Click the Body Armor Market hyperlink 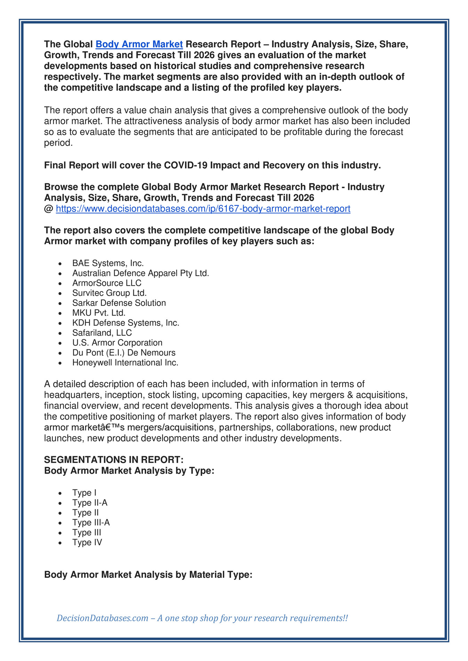tap(139, 44)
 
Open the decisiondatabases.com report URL tap(203, 209)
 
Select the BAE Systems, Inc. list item tap(108, 263)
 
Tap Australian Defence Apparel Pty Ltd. tap(140, 273)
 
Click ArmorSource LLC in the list tap(107, 283)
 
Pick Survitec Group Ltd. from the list tap(110, 293)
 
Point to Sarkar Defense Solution tap(119, 303)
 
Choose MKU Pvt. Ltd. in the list tap(99, 313)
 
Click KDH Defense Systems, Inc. tap(126, 323)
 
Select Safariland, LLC tap(102, 333)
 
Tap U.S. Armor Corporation tap(117, 343)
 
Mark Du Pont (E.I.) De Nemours tap(124, 353)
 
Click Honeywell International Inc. tap(125, 363)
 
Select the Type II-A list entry tap(90, 503)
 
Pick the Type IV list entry tap(87, 542)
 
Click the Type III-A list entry tap(91, 522)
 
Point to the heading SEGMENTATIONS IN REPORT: tap(114, 460)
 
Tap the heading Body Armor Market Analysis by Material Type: tap(148, 575)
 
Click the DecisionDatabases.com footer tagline tap(202, 618)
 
